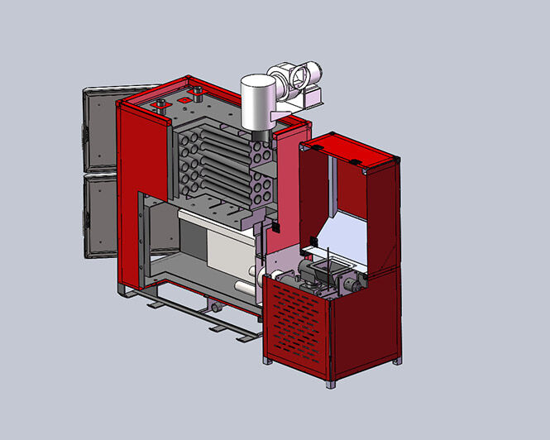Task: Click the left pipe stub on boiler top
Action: click(156, 103)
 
